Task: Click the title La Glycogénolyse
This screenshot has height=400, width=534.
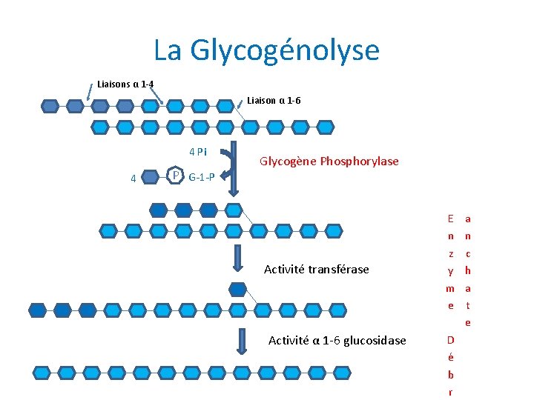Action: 266,50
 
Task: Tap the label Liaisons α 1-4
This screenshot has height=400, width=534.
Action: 125,84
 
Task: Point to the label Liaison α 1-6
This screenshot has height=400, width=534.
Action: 274,100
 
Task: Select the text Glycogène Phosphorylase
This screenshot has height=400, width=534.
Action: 329,161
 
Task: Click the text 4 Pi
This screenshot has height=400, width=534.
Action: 198,153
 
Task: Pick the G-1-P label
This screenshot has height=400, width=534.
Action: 202,177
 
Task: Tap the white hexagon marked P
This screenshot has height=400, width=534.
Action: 175,176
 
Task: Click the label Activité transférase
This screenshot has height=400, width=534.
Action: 316,269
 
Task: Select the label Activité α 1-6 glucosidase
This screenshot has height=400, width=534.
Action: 337,340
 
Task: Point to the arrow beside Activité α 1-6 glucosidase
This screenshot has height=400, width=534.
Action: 242,340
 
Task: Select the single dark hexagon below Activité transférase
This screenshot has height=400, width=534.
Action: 238,289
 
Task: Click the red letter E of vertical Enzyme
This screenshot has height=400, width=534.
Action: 450,219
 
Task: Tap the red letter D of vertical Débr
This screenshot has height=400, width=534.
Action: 450,340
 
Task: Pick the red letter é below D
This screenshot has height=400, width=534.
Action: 450,357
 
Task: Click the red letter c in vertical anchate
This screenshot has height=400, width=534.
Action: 468,253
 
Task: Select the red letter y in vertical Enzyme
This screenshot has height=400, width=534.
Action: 450,270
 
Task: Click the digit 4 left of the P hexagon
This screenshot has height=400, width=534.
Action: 132,178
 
